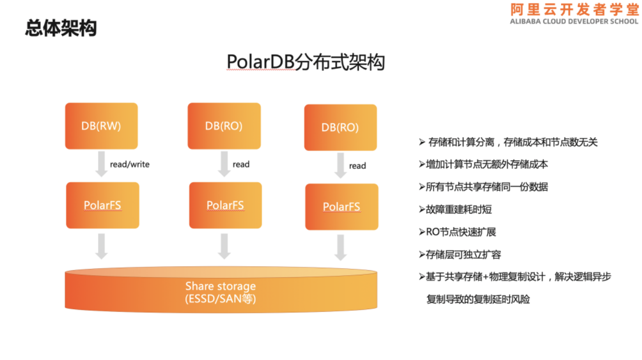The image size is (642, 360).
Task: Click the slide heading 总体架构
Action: [61, 29]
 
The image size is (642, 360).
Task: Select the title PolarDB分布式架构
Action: [305, 62]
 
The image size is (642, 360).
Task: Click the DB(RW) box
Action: [101, 126]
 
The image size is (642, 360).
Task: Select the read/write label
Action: [129, 164]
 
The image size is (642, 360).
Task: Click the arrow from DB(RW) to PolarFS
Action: [101, 165]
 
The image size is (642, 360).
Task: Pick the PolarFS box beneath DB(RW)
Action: [102, 206]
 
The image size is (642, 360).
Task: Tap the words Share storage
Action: [220, 286]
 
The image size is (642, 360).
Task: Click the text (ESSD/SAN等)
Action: [220, 299]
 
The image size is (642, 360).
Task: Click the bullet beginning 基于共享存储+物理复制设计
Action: [515, 277]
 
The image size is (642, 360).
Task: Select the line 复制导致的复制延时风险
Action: [478, 299]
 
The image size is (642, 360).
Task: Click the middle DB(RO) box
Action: [224, 126]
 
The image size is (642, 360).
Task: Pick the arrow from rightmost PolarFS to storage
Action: [341, 247]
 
